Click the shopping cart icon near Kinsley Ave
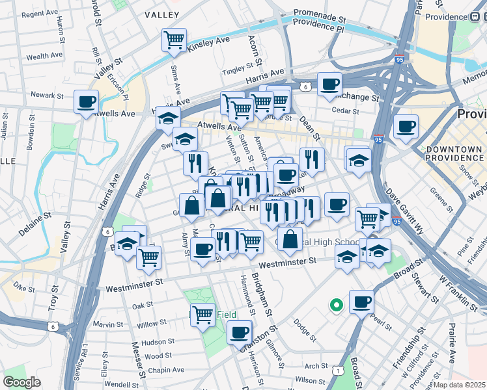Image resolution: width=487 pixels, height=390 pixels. point(174,40)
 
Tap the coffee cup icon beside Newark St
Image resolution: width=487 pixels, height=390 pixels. point(86,102)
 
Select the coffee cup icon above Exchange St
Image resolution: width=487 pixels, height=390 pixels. point(330,84)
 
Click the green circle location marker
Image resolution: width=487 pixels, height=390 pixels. point(337,304)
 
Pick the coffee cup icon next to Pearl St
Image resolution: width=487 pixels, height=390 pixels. point(361,302)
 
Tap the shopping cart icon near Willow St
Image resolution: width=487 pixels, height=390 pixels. point(203,315)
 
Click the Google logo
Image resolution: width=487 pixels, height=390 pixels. point(22,382)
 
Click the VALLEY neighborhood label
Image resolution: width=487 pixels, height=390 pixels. point(162,14)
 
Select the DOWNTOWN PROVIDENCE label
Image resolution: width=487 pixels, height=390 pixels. point(454,154)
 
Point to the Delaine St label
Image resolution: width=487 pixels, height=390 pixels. point(27,215)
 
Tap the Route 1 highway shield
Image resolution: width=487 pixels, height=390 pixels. point(337,370)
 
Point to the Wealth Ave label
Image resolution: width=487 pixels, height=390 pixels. point(44,57)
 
